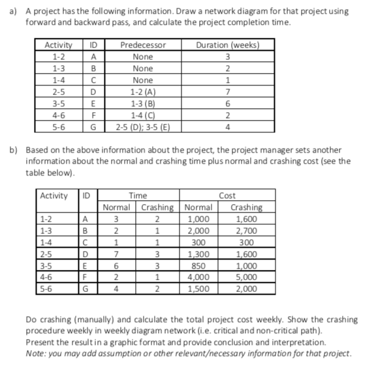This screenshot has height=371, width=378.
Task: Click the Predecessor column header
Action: pyautogui.click(x=143, y=45)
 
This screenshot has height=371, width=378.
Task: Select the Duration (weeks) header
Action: pyautogui.click(x=227, y=45)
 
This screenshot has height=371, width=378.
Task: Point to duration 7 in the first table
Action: pyautogui.click(x=227, y=92)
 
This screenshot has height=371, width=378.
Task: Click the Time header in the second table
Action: pyautogui.click(x=138, y=195)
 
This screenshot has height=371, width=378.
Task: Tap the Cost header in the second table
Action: pyautogui.click(x=227, y=195)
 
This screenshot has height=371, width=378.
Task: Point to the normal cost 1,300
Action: pyautogui.click(x=200, y=254)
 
